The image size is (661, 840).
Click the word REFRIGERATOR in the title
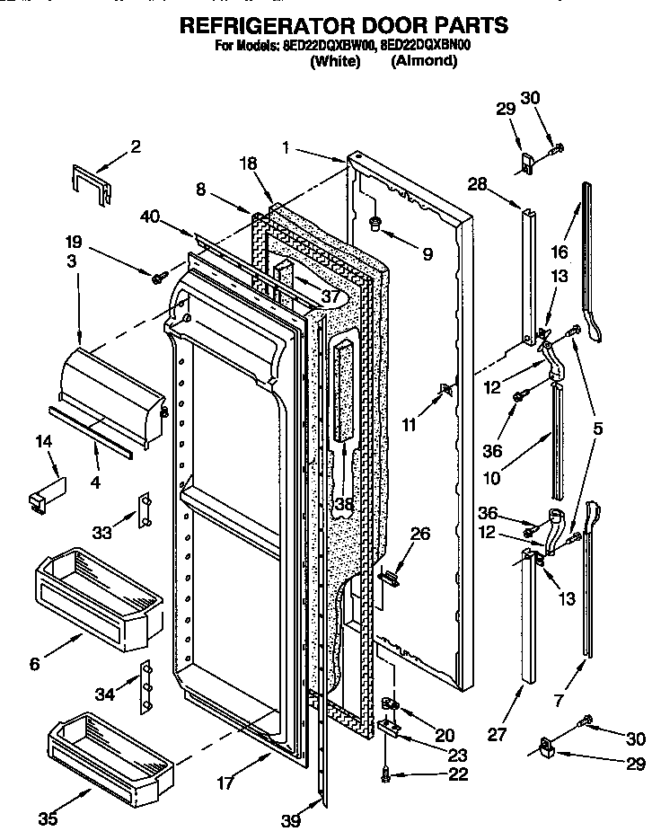[x=260, y=24]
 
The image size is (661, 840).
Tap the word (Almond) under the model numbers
[x=424, y=62]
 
